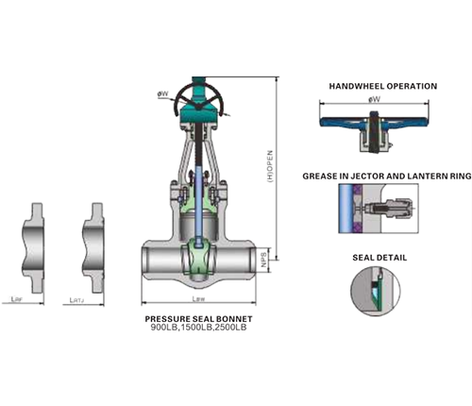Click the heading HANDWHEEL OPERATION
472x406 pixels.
pos(382,86)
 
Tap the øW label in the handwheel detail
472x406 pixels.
pos(374,98)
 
